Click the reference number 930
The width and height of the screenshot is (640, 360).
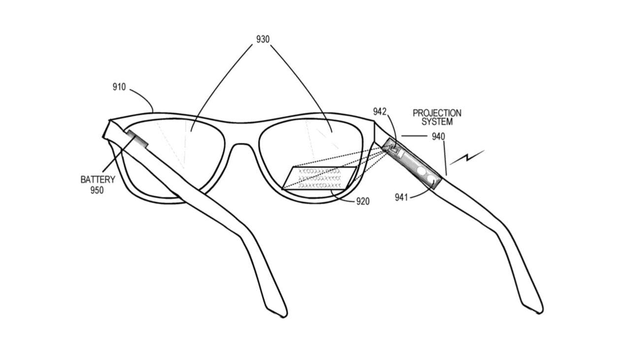tap(262, 39)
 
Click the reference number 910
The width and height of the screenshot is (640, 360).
tap(119, 87)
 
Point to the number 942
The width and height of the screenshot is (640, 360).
tap(380, 112)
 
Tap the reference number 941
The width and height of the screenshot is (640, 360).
tap(401, 197)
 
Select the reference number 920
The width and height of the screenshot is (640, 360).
tap(362, 201)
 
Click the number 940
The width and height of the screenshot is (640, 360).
tap(439, 136)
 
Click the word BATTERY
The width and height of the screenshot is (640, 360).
tap(97, 179)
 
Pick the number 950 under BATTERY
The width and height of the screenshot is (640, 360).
tap(97, 190)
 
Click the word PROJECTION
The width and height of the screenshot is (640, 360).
tap(437, 113)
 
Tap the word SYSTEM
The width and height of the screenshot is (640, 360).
tap(437, 122)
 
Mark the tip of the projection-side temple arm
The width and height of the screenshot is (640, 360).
tap(535, 307)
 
